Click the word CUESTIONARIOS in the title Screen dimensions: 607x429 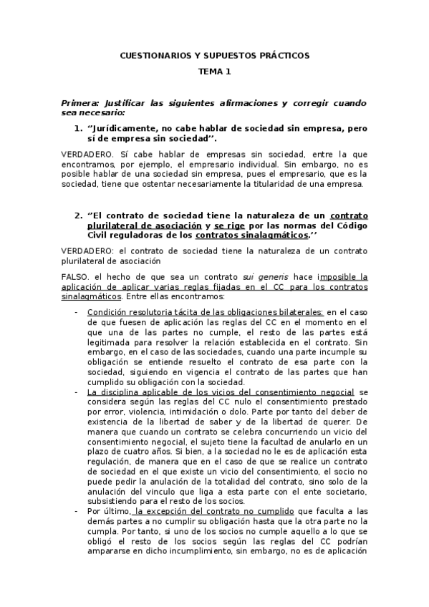coord(150,55)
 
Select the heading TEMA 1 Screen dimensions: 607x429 coord(215,72)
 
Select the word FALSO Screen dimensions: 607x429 coord(77,276)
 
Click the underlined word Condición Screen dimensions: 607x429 coord(107,312)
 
